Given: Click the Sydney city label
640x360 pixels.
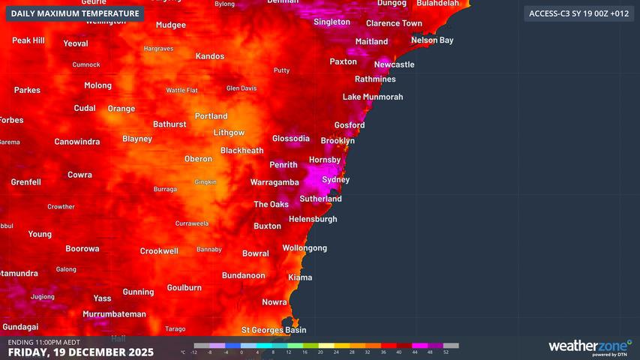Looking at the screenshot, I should (x=335, y=180).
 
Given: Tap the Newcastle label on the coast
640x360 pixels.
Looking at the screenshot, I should (x=394, y=64).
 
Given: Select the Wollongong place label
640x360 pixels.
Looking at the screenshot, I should (x=305, y=248).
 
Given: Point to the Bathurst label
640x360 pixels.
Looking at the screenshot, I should (x=170, y=124).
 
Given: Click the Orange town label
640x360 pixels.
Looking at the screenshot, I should (x=122, y=109).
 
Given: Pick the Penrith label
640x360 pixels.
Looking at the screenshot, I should (x=284, y=164).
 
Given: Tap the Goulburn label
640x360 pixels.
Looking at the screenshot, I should (x=184, y=288).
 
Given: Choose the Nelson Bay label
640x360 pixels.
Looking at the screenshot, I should (x=432, y=40).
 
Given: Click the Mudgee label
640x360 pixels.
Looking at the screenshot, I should (x=170, y=25).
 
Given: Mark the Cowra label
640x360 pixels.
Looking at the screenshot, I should (x=80, y=175).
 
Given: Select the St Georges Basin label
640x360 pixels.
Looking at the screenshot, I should (x=273, y=330).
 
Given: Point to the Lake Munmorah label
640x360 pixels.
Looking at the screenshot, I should (x=373, y=97).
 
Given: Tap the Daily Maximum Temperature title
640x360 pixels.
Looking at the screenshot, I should (x=75, y=13).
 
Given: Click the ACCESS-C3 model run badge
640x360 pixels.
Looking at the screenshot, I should (x=578, y=13).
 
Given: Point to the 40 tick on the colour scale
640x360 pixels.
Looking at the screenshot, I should (x=399, y=352).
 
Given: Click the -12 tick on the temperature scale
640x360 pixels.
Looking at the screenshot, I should (x=194, y=352).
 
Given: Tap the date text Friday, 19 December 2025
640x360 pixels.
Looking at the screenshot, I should (x=80, y=352).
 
